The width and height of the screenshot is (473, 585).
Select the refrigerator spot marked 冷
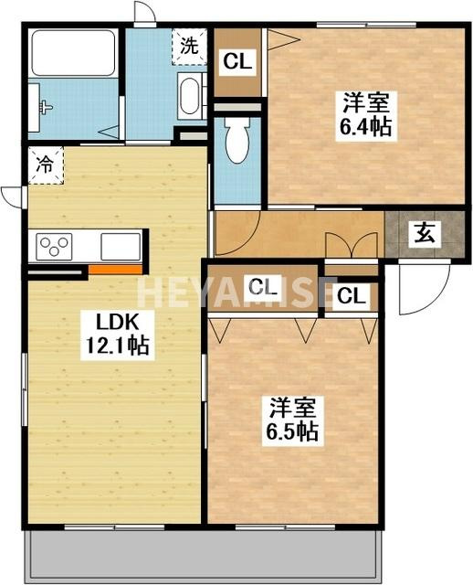click(x=45, y=165)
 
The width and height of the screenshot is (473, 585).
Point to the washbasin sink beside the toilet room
click(x=191, y=97)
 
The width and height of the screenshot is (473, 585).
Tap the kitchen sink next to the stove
click(x=121, y=247)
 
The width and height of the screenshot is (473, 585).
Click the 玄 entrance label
click(x=426, y=233)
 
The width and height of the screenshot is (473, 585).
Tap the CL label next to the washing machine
click(x=238, y=62)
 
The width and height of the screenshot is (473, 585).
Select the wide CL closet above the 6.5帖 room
click(x=263, y=287)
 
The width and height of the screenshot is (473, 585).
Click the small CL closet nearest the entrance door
click(x=351, y=296)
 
